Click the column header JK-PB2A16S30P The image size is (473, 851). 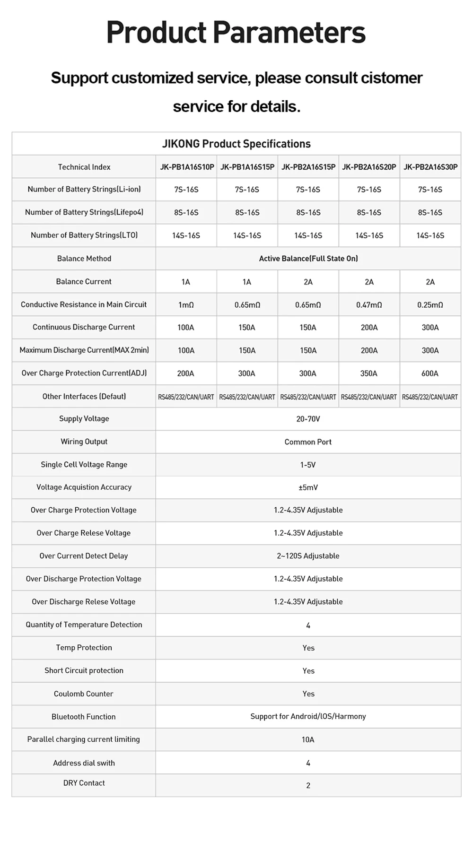(x=430, y=167)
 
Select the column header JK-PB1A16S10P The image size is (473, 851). (x=187, y=167)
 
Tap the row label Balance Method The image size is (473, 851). (x=84, y=259)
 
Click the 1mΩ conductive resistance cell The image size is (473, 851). (x=186, y=305)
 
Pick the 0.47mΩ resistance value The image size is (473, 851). (x=369, y=305)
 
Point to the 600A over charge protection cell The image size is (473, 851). (x=430, y=373)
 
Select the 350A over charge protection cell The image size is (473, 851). (x=369, y=373)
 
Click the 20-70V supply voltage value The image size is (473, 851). (x=308, y=419)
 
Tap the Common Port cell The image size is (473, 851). (x=308, y=442)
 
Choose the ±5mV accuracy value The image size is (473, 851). (x=308, y=487)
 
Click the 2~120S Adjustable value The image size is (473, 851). (x=308, y=556)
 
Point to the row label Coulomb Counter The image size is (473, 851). (x=84, y=694)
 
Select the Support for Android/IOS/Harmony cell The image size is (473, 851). (x=308, y=716)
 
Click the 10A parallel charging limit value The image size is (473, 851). (x=308, y=739)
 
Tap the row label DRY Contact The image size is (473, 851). (x=84, y=783)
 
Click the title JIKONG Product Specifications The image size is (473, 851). (x=236, y=144)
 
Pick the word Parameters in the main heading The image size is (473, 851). (x=289, y=33)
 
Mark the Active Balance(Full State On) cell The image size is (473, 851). (x=308, y=259)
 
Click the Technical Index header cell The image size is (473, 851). (x=84, y=167)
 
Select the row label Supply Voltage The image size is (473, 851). (x=84, y=419)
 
